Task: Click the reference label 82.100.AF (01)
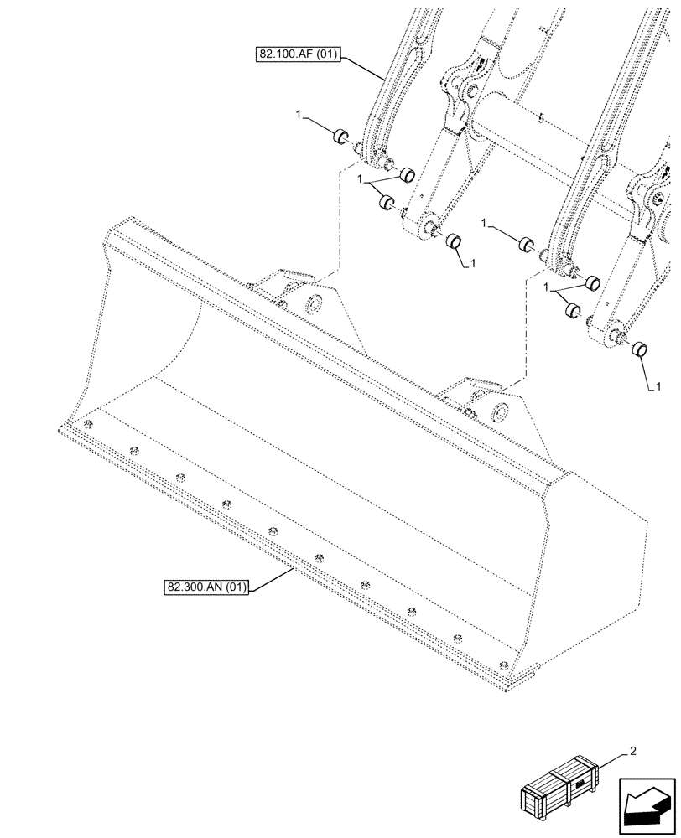click(299, 56)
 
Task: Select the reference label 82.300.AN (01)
click(205, 587)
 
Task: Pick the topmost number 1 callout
click(299, 114)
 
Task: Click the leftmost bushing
click(340, 137)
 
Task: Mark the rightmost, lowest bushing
click(642, 349)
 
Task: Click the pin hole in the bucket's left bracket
click(315, 303)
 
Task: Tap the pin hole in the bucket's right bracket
click(501, 411)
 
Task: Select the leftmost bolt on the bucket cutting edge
click(88, 426)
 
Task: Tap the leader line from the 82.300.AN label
click(273, 578)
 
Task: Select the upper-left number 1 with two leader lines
click(360, 179)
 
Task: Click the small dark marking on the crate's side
click(579, 784)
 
